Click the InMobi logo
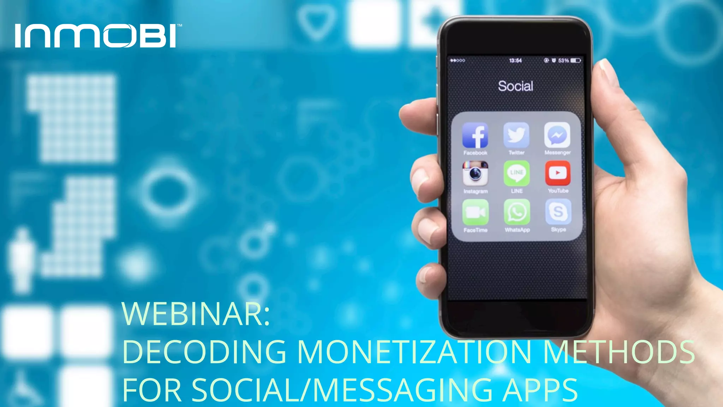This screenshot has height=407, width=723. (96, 36)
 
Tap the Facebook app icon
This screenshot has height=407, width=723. (475, 135)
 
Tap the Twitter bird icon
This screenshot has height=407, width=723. (516, 135)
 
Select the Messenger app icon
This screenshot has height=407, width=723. (557, 135)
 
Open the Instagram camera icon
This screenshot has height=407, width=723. (476, 173)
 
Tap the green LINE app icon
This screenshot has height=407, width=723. (516, 173)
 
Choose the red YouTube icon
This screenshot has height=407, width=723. (557, 173)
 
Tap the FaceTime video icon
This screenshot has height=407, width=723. (476, 212)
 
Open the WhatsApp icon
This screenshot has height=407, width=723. (517, 212)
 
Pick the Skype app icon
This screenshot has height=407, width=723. (558, 212)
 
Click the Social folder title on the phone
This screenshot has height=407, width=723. (515, 86)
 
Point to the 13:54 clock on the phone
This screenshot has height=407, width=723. (515, 61)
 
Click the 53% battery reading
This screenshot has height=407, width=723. (563, 61)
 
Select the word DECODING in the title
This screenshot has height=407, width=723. (204, 352)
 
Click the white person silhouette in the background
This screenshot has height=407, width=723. (22, 260)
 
